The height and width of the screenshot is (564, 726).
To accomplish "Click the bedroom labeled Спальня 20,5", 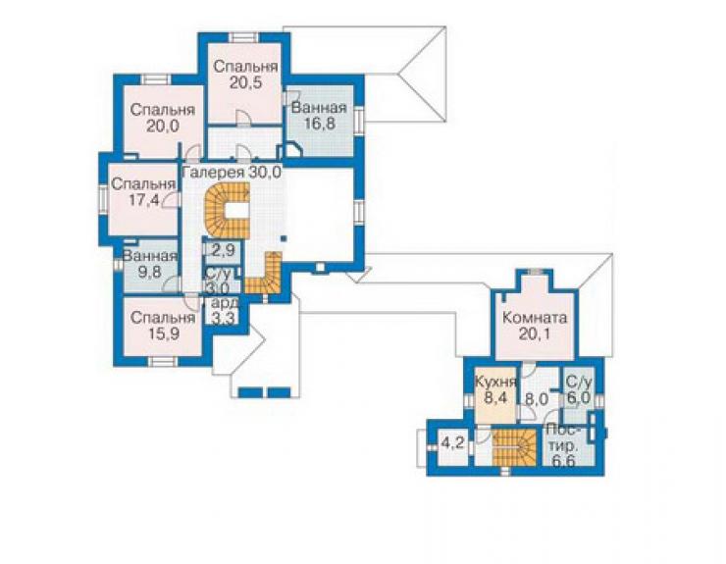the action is (x=244, y=83).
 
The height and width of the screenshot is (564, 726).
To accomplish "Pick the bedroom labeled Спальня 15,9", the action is (x=162, y=327).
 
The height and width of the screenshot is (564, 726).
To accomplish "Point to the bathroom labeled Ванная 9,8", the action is (x=150, y=266).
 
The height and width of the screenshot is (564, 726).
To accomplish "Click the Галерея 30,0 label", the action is (x=232, y=173).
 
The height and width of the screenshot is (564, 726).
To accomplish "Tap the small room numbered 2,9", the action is (x=223, y=251).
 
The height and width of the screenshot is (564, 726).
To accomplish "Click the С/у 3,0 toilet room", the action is (x=217, y=281).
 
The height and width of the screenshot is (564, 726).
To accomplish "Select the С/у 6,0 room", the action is (x=579, y=392).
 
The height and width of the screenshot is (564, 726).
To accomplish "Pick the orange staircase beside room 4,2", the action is (x=514, y=447).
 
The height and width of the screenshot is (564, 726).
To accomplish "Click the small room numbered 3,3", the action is (x=224, y=311).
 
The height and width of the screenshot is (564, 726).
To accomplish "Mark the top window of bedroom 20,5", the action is (x=244, y=37).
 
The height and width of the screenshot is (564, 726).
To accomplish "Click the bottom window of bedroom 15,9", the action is (x=162, y=362).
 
